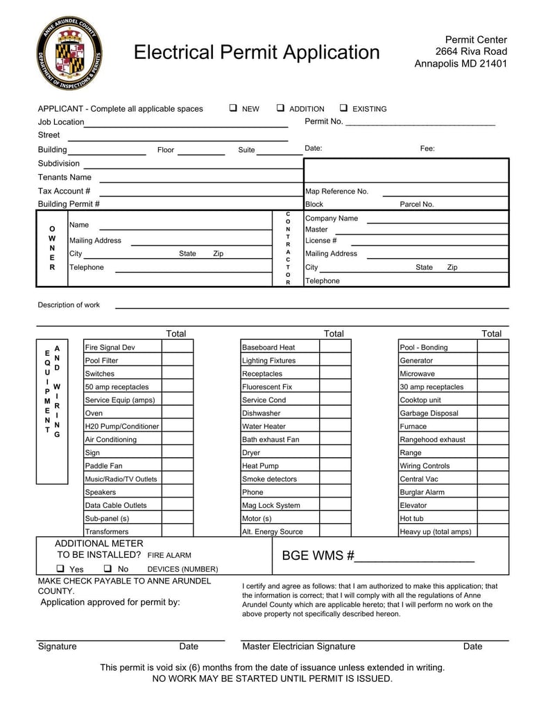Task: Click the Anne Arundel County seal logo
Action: point(69,53)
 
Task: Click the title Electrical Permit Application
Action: point(257,53)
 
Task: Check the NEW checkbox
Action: point(233,108)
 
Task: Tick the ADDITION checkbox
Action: point(280,108)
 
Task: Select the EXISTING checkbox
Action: point(343,108)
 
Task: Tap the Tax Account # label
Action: point(64,191)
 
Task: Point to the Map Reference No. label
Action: point(336,191)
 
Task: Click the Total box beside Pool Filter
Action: point(177,361)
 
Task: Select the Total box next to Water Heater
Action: point(335,427)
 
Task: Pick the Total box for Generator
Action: point(493,361)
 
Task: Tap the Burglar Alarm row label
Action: point(422,493)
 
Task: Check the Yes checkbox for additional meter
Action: point(61,569)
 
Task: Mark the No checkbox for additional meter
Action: point(108,569)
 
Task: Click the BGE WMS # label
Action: point(318,556)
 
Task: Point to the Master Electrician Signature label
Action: point(298,647)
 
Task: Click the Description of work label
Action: point(69,305)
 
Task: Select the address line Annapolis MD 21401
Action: point(461,64)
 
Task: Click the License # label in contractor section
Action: point(321,241)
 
